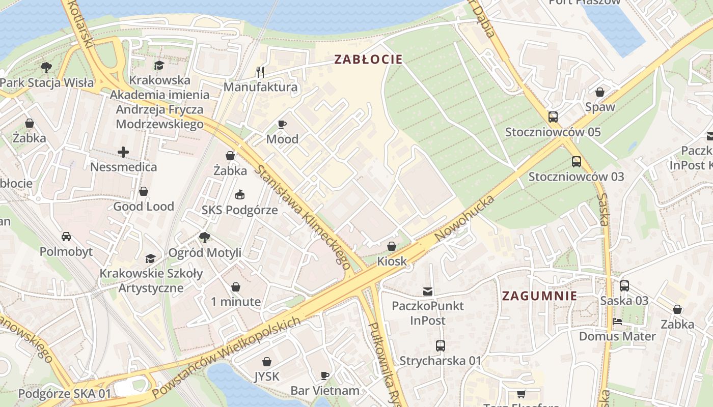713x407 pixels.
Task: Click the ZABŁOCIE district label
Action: click(x=368, y=60)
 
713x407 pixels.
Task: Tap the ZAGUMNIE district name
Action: click(x=539, y=296)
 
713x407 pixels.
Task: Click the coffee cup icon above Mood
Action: click(x=282, y=124)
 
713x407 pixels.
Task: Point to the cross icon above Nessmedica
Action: click(x=123, y=152)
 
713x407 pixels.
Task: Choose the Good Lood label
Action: click(x=144, y=207)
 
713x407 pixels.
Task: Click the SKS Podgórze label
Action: click(x=239, y=210)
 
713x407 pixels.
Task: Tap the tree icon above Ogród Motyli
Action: click(x=205, y=237)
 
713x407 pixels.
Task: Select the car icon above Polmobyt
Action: click(x=66, y=236)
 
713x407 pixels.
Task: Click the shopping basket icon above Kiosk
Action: click(x=392, y=246)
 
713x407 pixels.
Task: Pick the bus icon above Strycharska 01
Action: click(x=441, y=346)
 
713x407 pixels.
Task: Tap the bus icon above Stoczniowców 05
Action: click(x=553, y=117)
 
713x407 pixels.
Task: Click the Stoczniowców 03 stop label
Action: click(x=576, y=177)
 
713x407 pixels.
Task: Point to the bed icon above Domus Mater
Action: click(x=617, y=322)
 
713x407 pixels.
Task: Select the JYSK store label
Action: click(x=267, y=376)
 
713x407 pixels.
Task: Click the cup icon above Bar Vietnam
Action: click(x=325, y=375)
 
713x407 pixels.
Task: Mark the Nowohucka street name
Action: click(x=464, y=219)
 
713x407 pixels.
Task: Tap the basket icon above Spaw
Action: click(x=600, y=92)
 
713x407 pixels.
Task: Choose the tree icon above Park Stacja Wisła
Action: click(x=46, y=67)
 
